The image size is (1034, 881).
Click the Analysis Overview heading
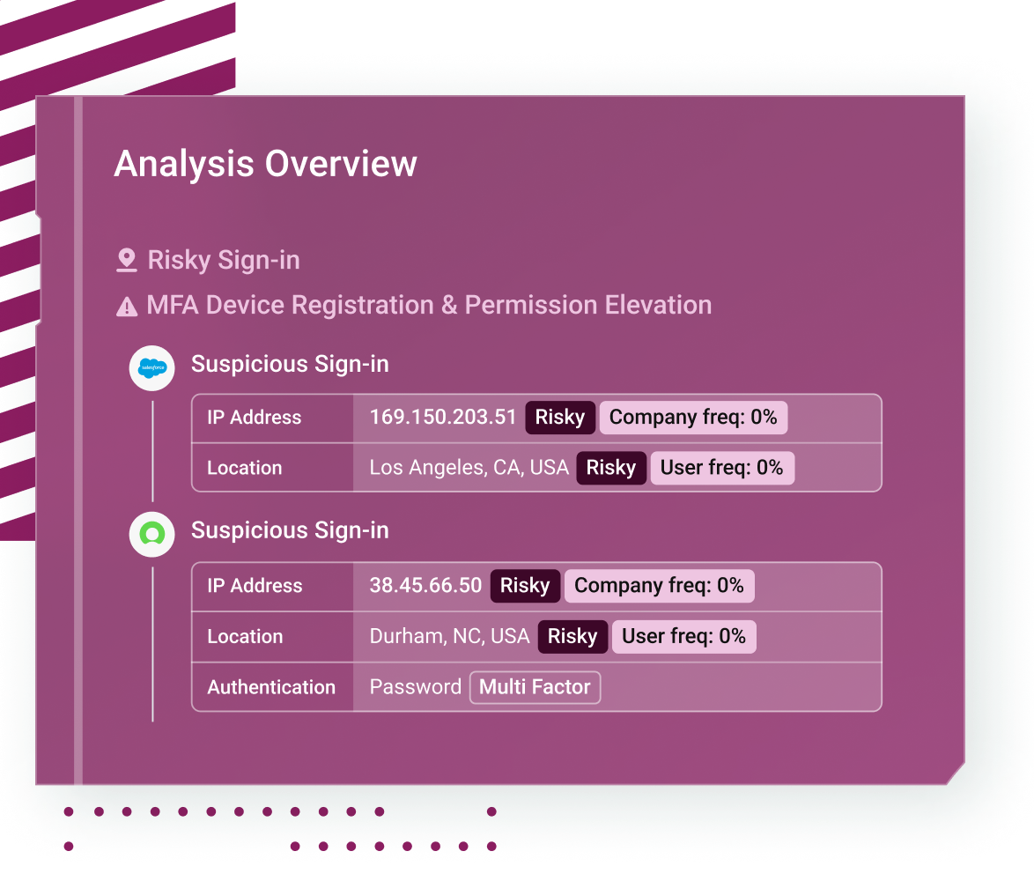click(x=265, y=164)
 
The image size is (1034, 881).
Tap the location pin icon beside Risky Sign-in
click(x=126, y=260)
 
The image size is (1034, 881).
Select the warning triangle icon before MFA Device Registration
click(x=127, y=307)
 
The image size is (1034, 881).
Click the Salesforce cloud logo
click(x=152, y=368)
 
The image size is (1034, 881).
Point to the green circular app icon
click(x=152, y=534)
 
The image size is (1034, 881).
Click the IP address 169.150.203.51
click(x=442, y=417)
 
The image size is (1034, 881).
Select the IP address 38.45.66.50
click(x=425, y=586)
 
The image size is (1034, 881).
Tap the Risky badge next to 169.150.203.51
click(x=560, y=418)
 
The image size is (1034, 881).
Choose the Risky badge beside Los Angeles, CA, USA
click(x=611, y=468)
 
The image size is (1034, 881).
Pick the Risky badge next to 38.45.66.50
click(x=525, y=586)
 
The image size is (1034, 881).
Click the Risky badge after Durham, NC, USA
click(x=572, y=636)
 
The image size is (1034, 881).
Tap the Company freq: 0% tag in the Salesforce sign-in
click(x=693, y=418)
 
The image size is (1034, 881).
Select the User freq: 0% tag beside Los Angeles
click(x=722, y=468)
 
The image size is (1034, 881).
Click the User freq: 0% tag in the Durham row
click(x=683, y=636)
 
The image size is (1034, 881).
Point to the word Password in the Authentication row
click(x=416, y=687)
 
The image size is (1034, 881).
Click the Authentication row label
click(x=271, y=687)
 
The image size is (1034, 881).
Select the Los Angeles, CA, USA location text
click(x=469, y=468)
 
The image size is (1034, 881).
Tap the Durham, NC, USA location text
click(x=449, y=636)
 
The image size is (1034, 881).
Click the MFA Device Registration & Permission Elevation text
click(x=429, y=306)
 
